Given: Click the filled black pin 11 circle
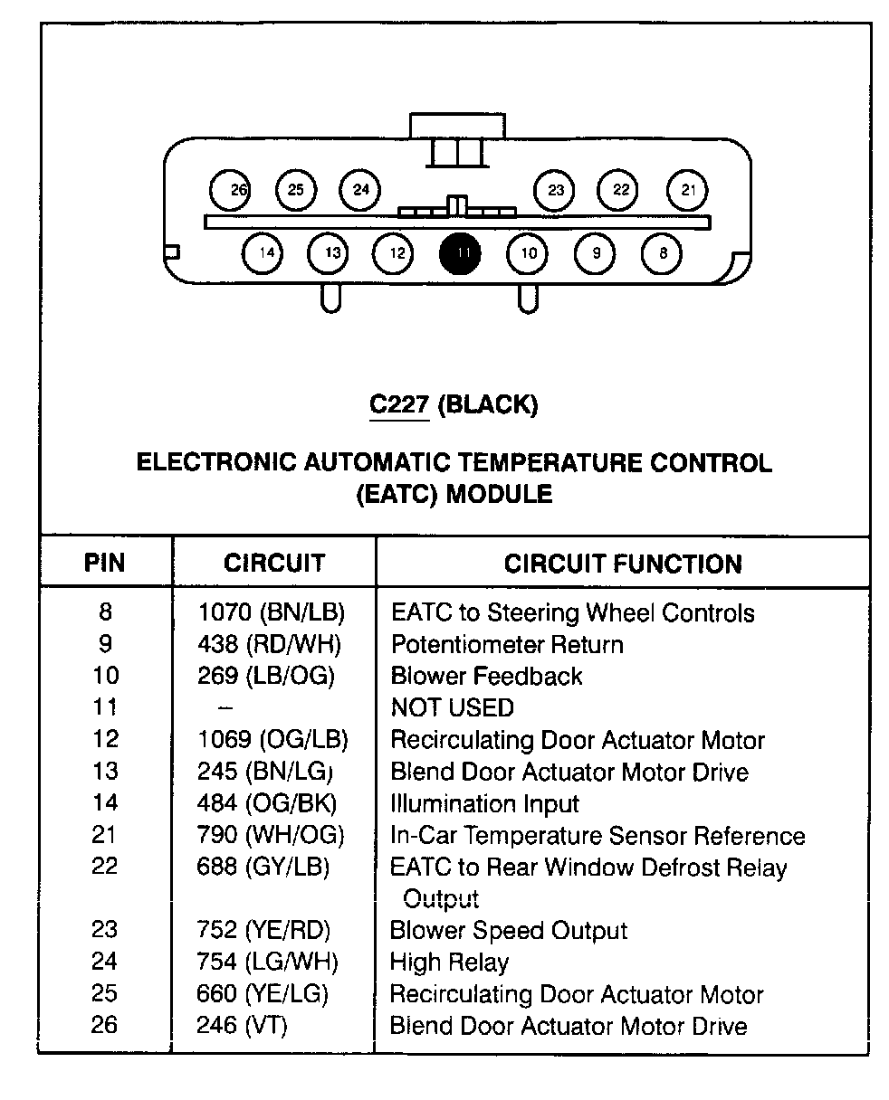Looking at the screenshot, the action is (460, 253).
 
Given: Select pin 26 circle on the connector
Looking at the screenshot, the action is (230, 190).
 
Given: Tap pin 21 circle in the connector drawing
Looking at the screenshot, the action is (687, 190).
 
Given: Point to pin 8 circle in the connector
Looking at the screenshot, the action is (661, 253).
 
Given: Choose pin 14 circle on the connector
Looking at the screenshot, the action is (262, 253).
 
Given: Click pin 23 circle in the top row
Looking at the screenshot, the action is (554, 190).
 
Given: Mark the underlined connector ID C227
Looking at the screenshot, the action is (399, 403).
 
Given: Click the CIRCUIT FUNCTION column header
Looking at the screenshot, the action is (623, 564).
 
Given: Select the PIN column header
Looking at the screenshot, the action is (104, 563).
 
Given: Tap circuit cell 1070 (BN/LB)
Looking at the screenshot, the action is (272, 612).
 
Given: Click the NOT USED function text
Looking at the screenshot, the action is (453, 707).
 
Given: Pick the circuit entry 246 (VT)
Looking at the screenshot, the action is (242, 1026).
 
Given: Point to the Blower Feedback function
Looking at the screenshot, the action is (486, 676).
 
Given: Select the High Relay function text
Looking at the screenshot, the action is (449, 962).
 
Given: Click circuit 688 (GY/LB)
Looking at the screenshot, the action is (263, 867).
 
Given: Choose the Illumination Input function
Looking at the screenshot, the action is (485, 803).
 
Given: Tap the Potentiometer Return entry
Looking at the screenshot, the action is (507, 644).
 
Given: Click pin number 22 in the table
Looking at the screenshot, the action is (104, 866).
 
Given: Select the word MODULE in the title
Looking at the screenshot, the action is (499, 494).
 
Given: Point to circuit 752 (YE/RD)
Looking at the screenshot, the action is (263, 930).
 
